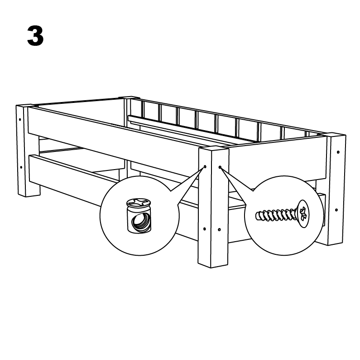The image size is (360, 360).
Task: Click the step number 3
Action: [35, 36]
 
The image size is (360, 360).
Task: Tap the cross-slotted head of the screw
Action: [303, 214]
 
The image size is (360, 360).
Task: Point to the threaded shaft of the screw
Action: [276, 215]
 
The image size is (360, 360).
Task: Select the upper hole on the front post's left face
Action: [205, 166]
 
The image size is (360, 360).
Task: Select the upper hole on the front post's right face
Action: [220, 167]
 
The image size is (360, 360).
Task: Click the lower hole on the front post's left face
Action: [205, 229]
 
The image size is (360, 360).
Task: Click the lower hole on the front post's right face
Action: [219, 229]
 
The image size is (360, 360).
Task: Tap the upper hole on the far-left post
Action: [20, 120]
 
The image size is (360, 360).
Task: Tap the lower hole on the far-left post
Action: [21, 167]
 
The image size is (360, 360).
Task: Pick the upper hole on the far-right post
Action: [338, 152]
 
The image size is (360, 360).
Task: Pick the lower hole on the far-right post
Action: [336, 210]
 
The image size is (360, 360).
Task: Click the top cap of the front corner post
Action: [214, 149]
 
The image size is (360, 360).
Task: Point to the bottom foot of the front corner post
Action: [213, 262]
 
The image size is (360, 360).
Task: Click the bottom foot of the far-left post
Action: [29, 191]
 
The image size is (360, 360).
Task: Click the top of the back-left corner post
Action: [129, 97]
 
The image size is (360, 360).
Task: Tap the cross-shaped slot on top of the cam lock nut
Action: [139, 202]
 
